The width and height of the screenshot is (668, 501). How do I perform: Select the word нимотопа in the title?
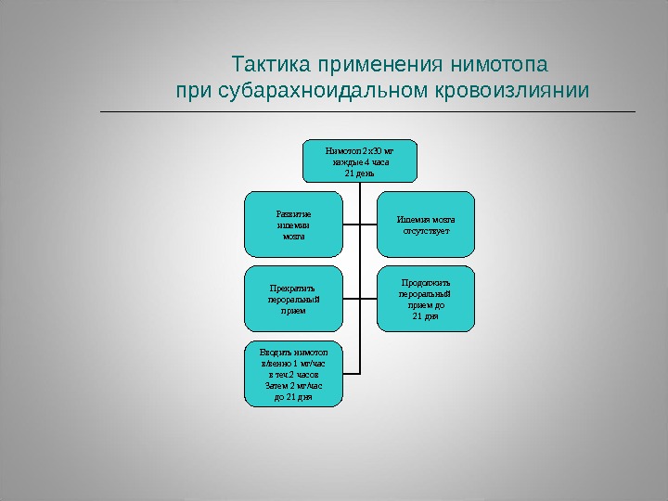(x=498, y=67)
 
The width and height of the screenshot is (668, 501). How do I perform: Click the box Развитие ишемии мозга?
(x=293, y=224)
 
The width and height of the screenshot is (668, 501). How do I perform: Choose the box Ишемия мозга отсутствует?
(x=425, y=223)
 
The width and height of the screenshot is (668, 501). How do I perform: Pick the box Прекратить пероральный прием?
(x=293, y=299)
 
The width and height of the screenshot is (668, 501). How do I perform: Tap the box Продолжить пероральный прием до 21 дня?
(x=425, y=299)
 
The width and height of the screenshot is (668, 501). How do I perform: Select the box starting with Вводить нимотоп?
(x=293, y=374)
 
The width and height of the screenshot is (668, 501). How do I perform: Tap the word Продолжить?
(x=426, y=281)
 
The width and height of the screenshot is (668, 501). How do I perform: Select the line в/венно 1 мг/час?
(x=293, y=364)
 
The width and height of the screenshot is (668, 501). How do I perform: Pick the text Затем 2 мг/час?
(x=293, y=385)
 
